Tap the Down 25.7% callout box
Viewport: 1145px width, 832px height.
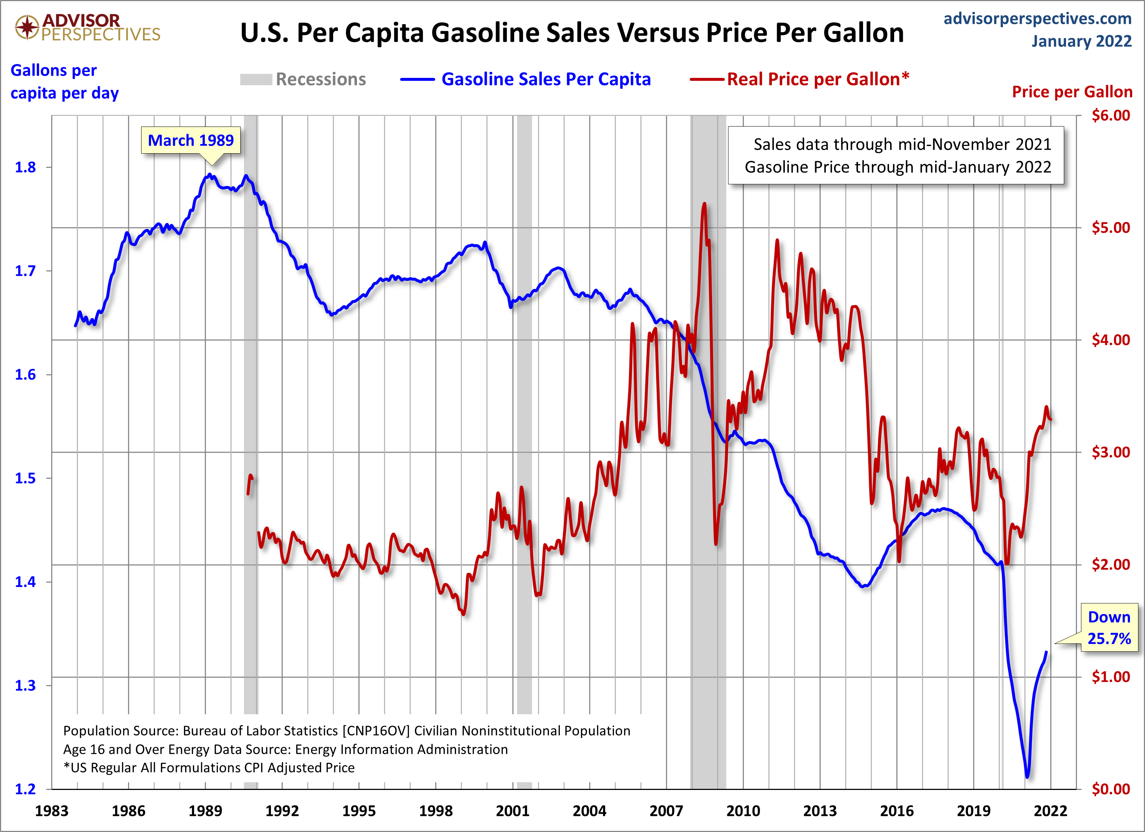pyautogui.click(x=1109, y=628)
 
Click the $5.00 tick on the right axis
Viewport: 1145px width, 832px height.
pyautogui.click(x=1110, y=228)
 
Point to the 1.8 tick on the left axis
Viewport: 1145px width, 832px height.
pyautogui.click(x=25, y=167)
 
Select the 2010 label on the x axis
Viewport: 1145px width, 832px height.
pyautogui.click(x=743, y=811)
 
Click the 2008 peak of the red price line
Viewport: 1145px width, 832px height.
pyautogui.click(x=704, y=204)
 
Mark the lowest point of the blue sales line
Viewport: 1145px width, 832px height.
pyautogui.click(x=1027, y=776)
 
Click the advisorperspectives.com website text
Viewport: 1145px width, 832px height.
pyautogui.click(x=1037, y=18)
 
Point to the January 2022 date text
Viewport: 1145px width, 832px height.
pyautogui.click(x=1081, y=41)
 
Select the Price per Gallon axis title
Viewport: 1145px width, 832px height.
pyautogui.click(x=1072, y=92)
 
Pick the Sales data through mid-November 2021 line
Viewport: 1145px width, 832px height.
pyautogui.click(x=902, y=144)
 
